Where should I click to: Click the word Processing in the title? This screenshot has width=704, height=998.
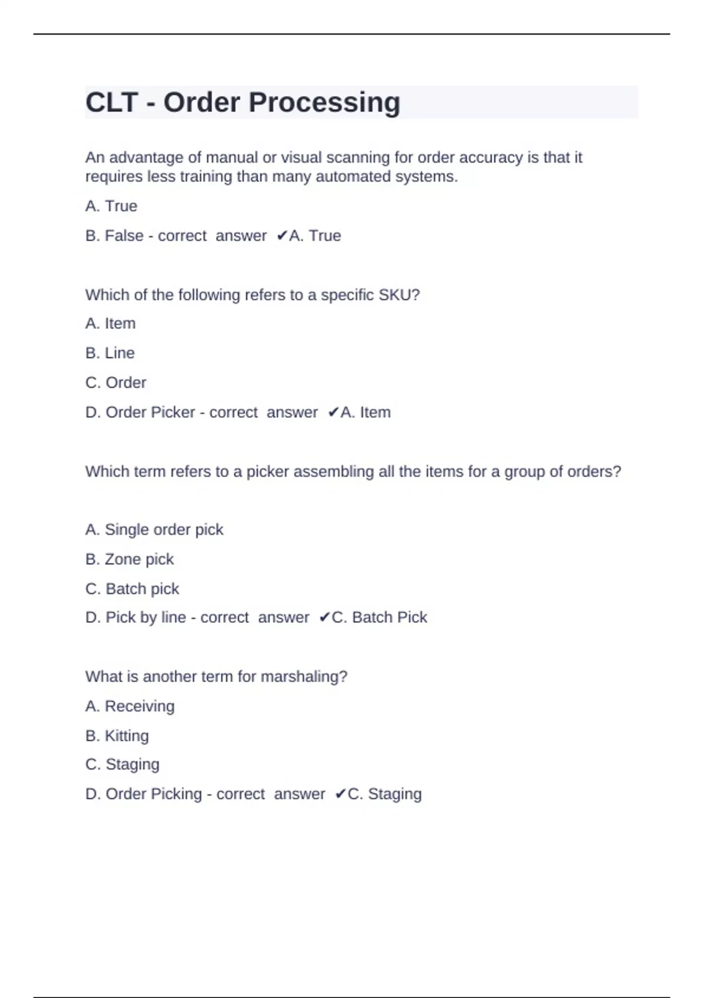(x=324, y=103)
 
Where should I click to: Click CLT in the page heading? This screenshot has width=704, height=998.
(x=112, y=103)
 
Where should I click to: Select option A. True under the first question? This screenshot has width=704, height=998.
(x=111, y=206)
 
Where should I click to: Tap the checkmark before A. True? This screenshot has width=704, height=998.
(x=282, y=236)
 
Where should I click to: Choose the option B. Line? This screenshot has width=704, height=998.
(x=110, y=353)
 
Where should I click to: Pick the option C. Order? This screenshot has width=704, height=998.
(x=116, y=383)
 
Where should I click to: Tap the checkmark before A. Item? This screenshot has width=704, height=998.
(x=333, y=413)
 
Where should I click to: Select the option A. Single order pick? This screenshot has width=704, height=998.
(x=154, y=530)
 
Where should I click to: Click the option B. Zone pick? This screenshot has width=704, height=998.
(x=129, y=559)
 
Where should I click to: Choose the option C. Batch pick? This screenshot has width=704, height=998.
(x=132, y=589)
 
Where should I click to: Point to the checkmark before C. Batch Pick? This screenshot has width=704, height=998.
(x=324, y=618)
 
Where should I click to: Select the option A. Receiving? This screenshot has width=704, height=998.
(x=130, y=706)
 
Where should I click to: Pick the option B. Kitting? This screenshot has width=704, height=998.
(x=117, y=736)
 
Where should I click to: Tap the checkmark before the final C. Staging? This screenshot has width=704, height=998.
(x=340, y=794)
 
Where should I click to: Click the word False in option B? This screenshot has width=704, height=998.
(x=124, y=236)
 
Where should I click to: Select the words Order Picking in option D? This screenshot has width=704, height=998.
(x=153, y=794)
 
